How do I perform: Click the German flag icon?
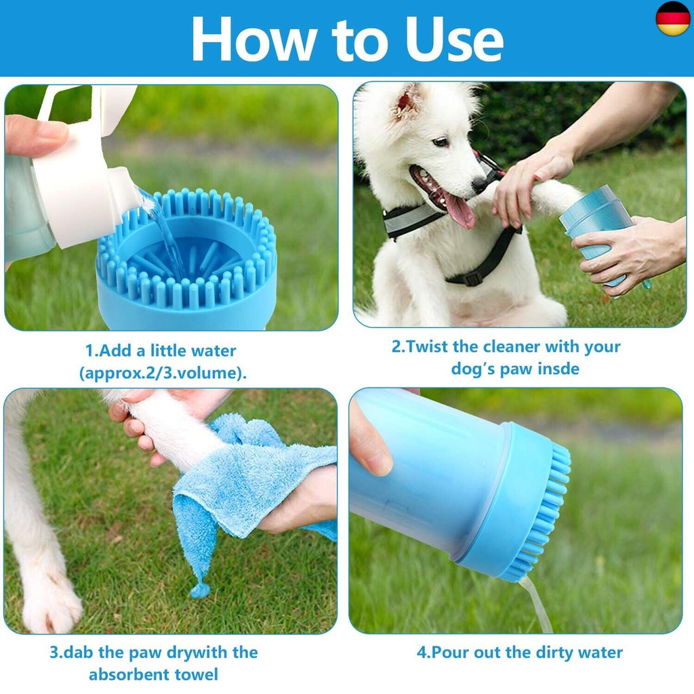point(672,18)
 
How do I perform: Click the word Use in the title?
point(455,40)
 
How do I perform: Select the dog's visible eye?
point(441,142)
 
